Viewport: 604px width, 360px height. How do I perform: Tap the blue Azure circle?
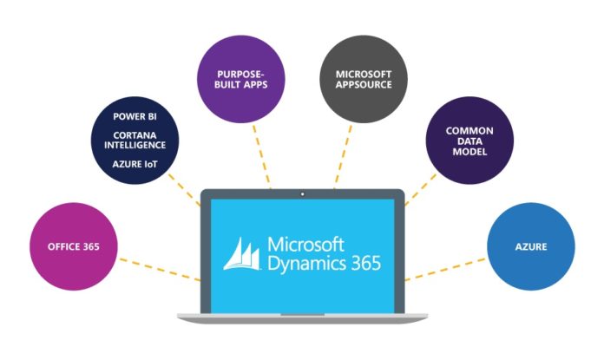(x=530, y=247)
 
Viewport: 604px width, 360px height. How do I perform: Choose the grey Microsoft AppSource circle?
(x=364, y=81)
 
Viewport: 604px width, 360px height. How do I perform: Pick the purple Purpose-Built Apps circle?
(x=241, y=81)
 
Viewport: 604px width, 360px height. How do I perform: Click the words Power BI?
(x=135, y=115)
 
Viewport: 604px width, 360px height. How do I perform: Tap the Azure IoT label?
(x=135, y=164)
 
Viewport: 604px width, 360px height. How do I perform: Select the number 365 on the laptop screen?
(x=360, y=261)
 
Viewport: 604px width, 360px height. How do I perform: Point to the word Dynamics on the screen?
(x=299, y=261)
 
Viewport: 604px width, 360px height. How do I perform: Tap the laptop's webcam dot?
(x=302, y=187)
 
